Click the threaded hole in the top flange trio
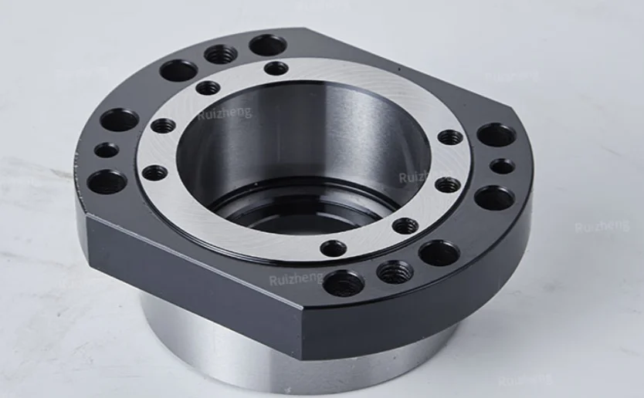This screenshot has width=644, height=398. pyautogui.click(x=222, y=55)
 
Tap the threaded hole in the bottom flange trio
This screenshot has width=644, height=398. pyautogui.click(x=395, y=272)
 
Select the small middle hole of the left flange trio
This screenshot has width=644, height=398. pyautogui.click(x=107, y=150)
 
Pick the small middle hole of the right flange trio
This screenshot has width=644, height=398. pyautogui.click(x=502, y=166)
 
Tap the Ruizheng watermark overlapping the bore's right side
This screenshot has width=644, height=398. pyautogui.click(x=422, y=177)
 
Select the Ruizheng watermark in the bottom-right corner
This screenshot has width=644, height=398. pyautogui.click(x=525, y=379)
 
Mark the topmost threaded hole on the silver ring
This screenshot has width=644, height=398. pyautogui.click(x=276, y=68)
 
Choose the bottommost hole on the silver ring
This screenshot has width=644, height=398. pyautogui.click(x=334, y=248)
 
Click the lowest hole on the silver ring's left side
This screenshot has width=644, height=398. pyautogui.click(x=154, y=172)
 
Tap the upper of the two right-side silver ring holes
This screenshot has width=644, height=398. pyautogui.click(x=450, y=137)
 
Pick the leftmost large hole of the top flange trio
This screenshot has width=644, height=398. pyautogui.click(x=178, y=71)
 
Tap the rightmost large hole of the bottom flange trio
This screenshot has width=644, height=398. pyautogui.click(x=439, y=252)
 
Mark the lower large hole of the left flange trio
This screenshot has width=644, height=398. pyautogui.click(x=107, y=182)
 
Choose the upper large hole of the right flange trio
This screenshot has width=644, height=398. pyautogui.click(x=496, y=135)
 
